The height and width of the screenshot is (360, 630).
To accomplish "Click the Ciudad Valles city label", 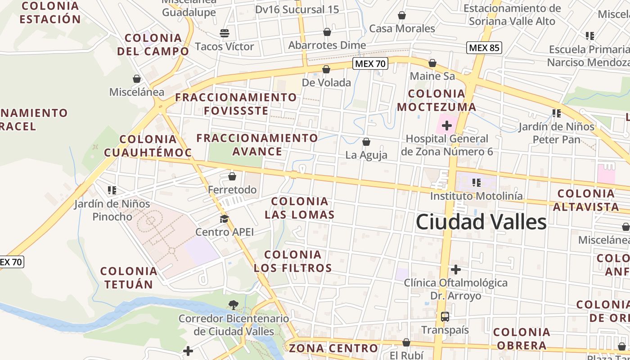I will tap(481, 222).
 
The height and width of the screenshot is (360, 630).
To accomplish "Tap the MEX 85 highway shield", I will tap(484, 47).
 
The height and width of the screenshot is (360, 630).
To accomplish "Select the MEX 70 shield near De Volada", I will tap(370, 63).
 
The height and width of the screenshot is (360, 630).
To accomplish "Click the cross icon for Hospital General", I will tap(446, 126).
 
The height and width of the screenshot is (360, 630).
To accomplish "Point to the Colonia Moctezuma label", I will tap(436, 100).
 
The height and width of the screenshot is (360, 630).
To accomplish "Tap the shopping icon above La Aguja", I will tap(366, 142).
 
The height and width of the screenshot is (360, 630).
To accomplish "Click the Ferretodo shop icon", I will tap(232, 176).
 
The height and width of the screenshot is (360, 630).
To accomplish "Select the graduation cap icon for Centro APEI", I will tap(224, 219).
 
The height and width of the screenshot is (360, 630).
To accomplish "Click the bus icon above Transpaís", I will tap(445, 317).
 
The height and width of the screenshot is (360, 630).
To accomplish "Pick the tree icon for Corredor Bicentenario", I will tap(233, 305).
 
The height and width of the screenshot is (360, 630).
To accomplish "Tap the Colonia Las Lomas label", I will tap(300, 208).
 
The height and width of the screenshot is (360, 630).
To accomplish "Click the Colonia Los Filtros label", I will tap(293, 261).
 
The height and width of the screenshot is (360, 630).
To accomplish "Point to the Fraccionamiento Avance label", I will tap(257, 144).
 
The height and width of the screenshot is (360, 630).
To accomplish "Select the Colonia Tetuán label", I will tap(129, 278).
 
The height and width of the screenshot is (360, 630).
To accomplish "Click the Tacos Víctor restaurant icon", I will tap(224, 33).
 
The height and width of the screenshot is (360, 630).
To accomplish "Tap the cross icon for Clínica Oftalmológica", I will tap(456, 270).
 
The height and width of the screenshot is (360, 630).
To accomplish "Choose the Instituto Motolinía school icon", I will tap(477, 183).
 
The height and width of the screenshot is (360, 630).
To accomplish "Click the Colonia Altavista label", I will tap(586, 200).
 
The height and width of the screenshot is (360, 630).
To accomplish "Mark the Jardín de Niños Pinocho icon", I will tap(112, 190).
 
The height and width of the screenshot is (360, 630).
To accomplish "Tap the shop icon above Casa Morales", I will tap(402, 16).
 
